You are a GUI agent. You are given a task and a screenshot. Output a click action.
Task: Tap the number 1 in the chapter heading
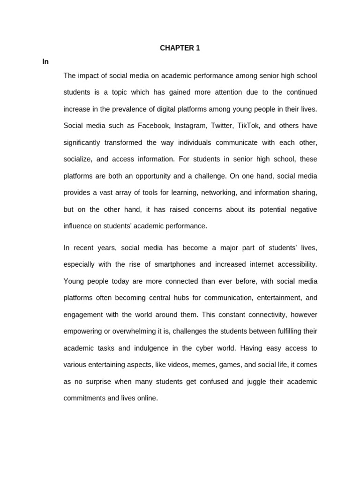198,48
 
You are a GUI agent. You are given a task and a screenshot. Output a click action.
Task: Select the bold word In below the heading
45,61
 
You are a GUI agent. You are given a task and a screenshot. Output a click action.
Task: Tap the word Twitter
222,126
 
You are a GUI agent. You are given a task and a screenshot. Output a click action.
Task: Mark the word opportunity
159,176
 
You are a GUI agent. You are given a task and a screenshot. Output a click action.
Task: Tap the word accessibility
296,264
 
